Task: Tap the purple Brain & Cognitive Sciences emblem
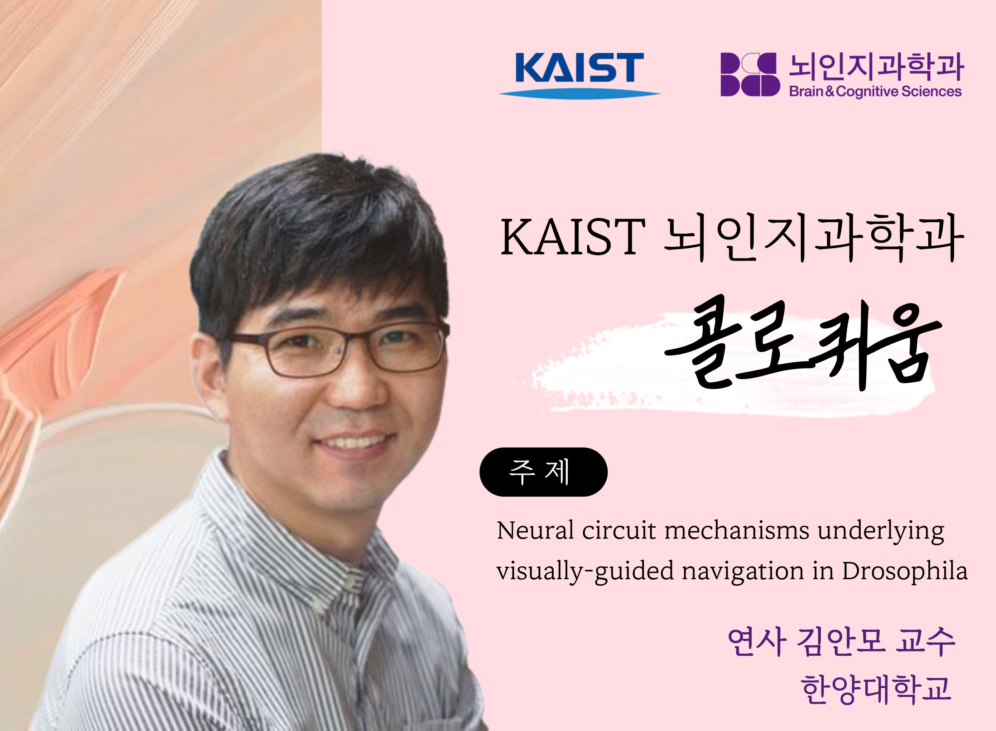tap(750, 74)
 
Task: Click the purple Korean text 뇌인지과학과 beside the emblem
tap(876, 67)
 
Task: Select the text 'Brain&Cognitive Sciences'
tap(875, 92)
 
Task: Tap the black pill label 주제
tap(543, 472)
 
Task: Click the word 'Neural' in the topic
tap(535, 530)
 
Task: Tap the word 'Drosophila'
tap(905, 571)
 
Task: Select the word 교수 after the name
tap(925, 642)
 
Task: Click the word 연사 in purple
tap(756, 642)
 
